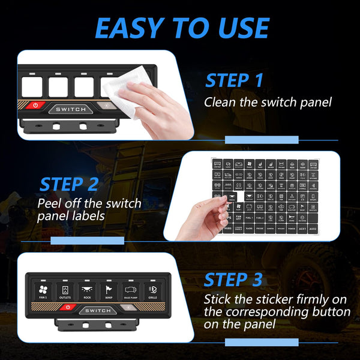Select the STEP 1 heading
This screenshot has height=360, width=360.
234,80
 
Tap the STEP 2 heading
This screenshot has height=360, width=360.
68,184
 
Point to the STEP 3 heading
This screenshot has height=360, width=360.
233,280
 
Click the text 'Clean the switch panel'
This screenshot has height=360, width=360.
268,102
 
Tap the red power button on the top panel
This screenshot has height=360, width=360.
35,105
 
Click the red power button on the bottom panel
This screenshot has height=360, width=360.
68,308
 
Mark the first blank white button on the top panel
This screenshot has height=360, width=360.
32,85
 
